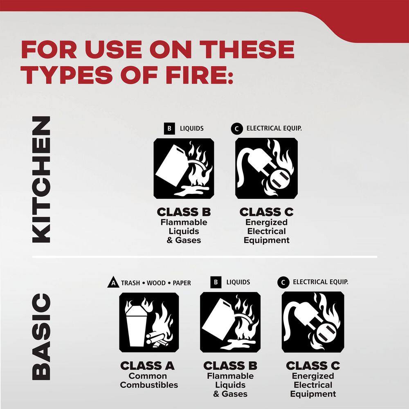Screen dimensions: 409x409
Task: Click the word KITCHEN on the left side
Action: [41, 180]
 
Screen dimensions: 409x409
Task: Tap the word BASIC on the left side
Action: [41, 337]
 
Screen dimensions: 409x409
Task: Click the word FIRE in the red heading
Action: [198, 75]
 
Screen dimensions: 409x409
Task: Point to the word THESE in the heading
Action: [247, 49]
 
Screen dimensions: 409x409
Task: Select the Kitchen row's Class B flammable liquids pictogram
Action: [184, 169]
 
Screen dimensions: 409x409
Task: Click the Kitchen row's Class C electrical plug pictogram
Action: [266, 169]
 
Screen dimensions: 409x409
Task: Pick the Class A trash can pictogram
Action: [149, 322]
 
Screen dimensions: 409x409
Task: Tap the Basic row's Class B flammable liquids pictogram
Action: [230, 322]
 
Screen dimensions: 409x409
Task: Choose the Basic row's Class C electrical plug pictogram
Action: [313, 322]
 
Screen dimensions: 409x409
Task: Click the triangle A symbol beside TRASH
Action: [113, 283]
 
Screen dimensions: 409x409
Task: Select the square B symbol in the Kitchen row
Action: [169, 128]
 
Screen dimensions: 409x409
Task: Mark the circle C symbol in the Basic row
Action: [283, 283]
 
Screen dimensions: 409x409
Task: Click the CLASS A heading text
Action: [147, 366]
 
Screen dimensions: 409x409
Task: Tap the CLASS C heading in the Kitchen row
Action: [266, 212]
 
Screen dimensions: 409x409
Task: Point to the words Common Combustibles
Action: [149, 380]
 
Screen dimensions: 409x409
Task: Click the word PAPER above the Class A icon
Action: [182, 283]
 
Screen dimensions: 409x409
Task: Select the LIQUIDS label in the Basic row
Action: [238, 282]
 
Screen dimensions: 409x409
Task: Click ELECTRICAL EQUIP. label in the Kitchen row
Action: [274, 128]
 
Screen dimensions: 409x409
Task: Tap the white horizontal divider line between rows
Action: [205, 257]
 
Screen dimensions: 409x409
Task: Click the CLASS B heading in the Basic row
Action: [230, 366]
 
